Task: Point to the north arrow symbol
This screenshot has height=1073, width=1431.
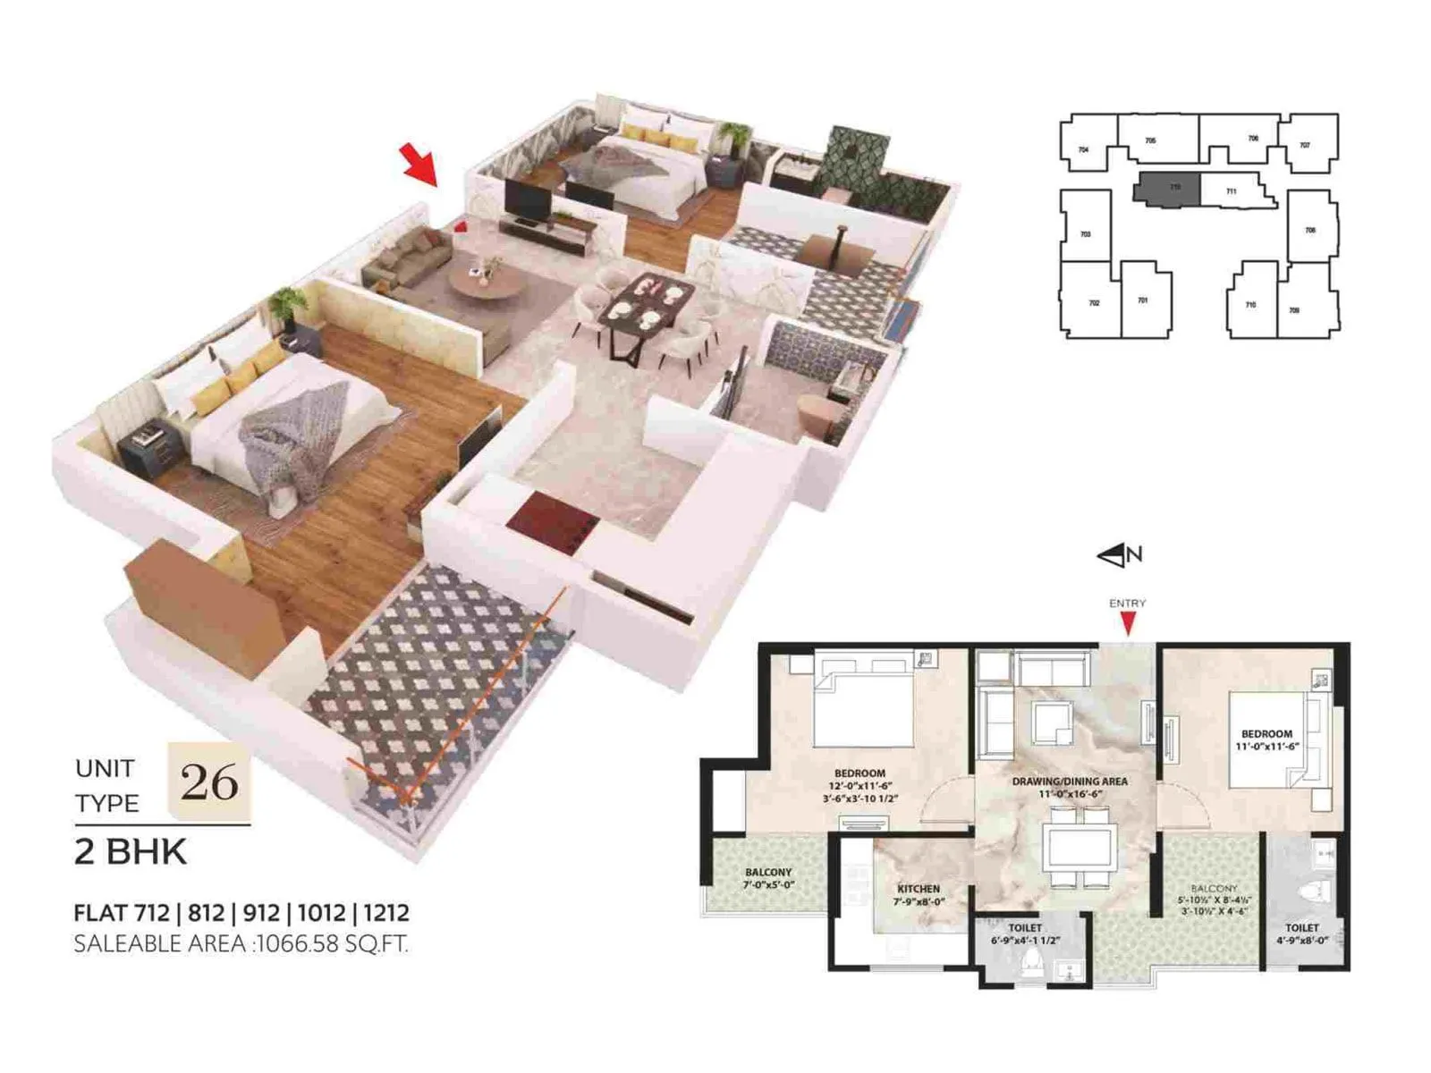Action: [x=1119, y=555]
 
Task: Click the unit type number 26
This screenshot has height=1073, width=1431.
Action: [x=209, y=782]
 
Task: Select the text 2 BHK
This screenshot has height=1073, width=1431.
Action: [x=131, y=852]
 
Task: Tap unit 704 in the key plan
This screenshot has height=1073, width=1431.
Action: [x=1084, y=149]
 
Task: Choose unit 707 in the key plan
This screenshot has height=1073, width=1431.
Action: [x=1305, y=145]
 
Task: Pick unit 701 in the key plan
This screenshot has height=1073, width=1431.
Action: [x=1142, y=300]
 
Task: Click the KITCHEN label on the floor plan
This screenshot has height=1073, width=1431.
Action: [x=919, y=889]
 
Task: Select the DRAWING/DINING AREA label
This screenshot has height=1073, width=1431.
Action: [x=1070, y=782]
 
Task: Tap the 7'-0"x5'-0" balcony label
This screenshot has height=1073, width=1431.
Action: [x=768, y=884]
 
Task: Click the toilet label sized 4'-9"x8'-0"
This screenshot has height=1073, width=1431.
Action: [x=1302, y=940]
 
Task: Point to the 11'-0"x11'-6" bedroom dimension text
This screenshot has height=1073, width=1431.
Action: [x=1266, y=747]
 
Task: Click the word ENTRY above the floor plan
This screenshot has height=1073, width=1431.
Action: [x=1127, y=604]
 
